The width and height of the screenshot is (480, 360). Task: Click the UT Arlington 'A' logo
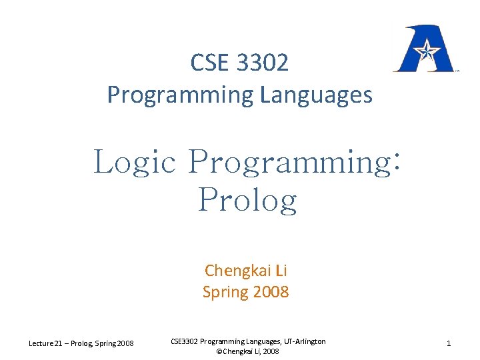point(423,49)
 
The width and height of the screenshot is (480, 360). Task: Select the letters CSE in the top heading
point(208,63)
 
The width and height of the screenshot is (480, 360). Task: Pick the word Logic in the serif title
point(135,162)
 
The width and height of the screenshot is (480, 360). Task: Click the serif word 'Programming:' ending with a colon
point(294,162)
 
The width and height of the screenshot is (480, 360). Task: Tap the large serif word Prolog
point(247,199)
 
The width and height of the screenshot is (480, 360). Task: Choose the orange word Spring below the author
point(224,291)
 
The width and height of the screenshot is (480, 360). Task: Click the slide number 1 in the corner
point(449,343)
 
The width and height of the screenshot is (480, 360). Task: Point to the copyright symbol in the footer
point(220,351)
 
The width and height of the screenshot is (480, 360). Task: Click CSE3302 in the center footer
point(185,341)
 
